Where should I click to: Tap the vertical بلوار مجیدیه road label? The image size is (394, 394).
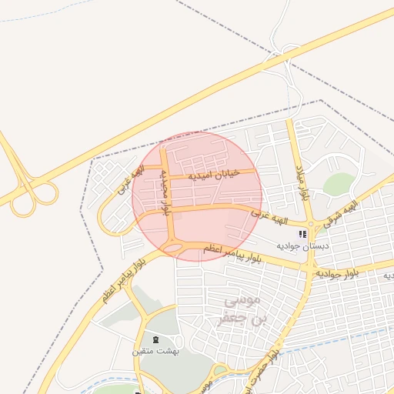(165, 192)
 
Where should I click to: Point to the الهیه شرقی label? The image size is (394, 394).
(346, 210)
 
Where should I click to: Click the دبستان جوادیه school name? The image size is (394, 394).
(304, 245)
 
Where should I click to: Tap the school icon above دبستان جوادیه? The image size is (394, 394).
(303, 234)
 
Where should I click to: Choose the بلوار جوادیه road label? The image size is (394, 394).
(337, 272)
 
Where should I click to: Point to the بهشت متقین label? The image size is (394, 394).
(155, 351)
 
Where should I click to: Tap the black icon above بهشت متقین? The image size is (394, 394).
(155, 339)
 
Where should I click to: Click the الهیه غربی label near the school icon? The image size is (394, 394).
(272, 219)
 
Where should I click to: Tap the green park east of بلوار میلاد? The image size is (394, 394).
(339, 185)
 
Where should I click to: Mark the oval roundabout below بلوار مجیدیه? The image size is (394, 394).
(175, 248)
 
